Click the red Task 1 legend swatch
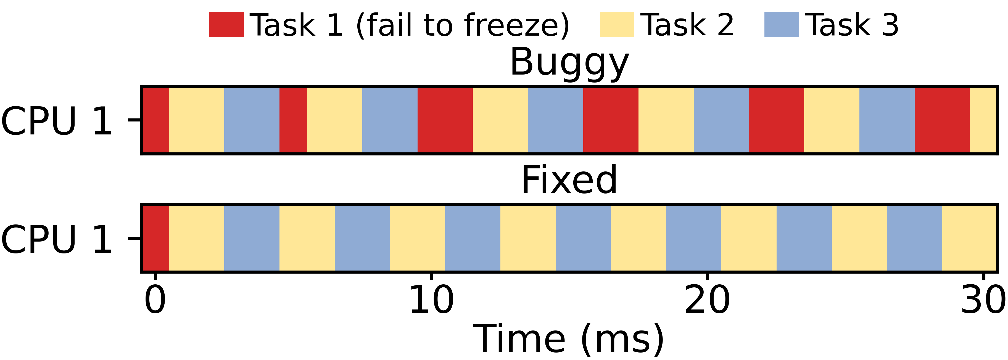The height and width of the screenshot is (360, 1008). click(226, 25)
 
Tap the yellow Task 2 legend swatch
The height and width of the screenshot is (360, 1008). click(617, 25)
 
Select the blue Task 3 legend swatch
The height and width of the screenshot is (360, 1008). click(782, 25)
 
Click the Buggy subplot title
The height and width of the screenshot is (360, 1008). click(569, 63)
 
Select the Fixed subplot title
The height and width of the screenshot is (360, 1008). click(569, 180)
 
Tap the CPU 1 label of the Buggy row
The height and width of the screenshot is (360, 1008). click(57, 121)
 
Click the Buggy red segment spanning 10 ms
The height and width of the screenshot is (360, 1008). click(445, 120)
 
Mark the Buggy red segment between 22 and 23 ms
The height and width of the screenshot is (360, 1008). click(776, 120)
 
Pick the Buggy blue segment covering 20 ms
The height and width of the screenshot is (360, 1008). click(721, 120)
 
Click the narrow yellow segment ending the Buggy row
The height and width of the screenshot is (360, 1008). click(983, 120)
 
